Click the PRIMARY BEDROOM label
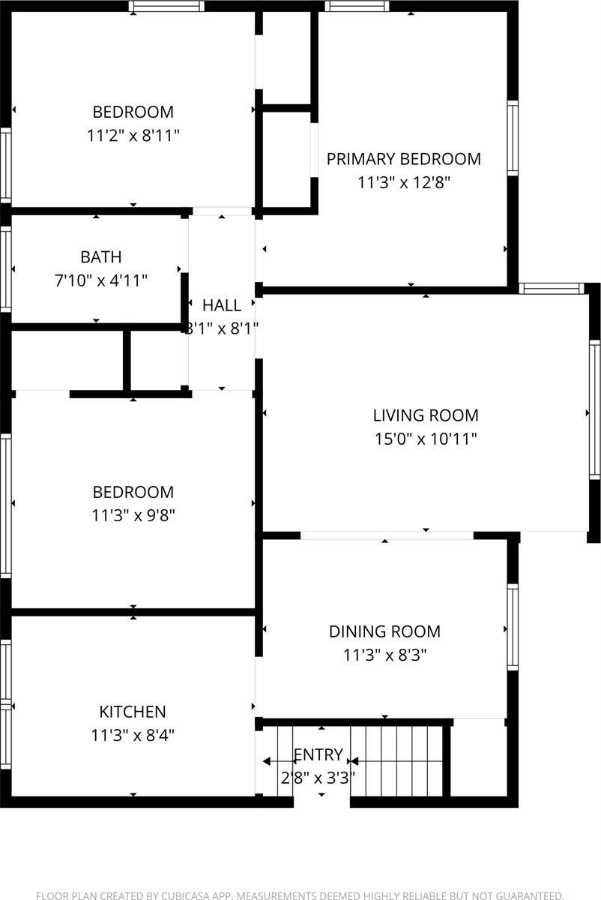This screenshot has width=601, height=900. click(403, 159)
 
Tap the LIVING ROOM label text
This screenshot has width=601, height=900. click(426, 415)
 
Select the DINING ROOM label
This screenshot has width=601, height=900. click(384, 631)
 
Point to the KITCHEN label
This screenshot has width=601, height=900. click(133, 712)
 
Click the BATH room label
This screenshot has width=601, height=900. click(101, 257)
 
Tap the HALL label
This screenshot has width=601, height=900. click(222, 305)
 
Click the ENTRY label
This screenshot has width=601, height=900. click(318, 754)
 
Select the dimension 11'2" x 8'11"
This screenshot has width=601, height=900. click(133, 136)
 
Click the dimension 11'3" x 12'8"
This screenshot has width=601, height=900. click(403, 182)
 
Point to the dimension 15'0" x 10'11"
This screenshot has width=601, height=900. click(426, 439)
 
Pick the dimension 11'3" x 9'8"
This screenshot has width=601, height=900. click(133, 515)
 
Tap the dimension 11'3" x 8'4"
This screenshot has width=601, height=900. click(133, 735)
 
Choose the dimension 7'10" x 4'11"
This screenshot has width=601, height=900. click(101, 280)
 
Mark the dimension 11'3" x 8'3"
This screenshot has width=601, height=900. click(384, 655)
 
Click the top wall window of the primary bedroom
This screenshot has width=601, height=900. click(357, 7)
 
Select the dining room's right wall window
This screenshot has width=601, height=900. click(513, 627)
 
